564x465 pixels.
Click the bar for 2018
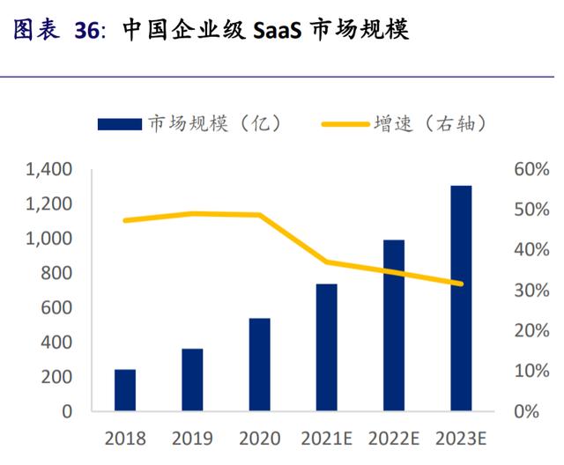click(125, 390)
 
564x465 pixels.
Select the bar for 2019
click(192, 380)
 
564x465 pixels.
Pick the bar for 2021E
click(326, 347)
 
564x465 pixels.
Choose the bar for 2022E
click(393, 325)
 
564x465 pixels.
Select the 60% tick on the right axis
click(532, 169)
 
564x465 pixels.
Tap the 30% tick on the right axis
click(532, 290)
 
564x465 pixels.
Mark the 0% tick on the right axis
click(527, 411)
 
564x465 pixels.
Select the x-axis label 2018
click(125, 438)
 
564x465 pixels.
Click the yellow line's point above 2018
click(125, 220)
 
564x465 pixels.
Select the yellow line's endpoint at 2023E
click(461, 284)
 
